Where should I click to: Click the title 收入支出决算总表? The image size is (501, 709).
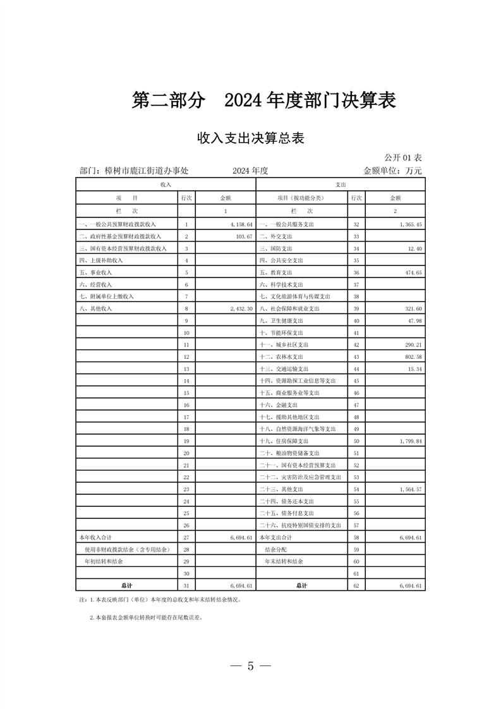coord(250,138)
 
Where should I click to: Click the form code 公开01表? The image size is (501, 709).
coord(402,157)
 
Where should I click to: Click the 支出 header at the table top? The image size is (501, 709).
coord(340,184)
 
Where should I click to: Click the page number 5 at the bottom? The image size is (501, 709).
coord(250,665)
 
